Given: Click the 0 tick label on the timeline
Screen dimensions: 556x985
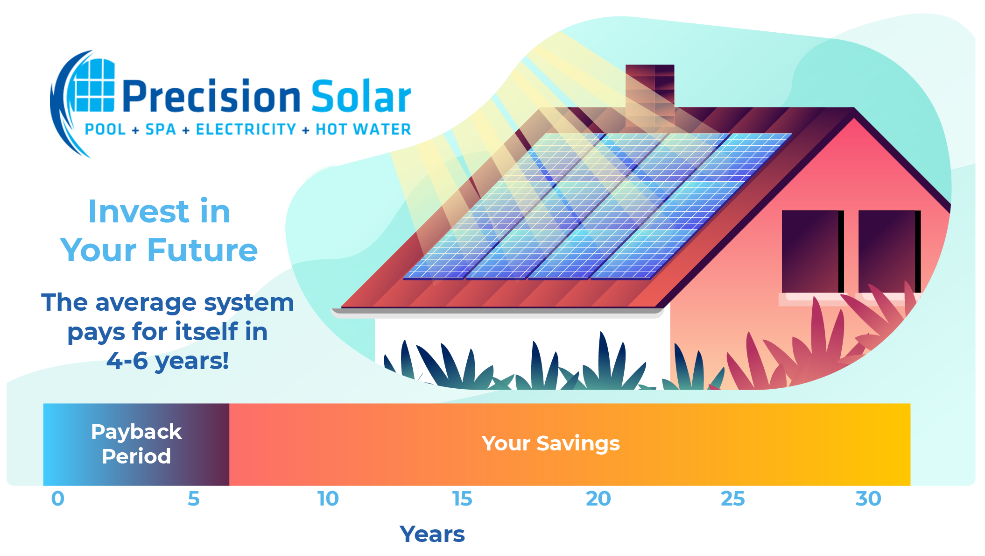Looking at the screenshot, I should coord(58,499).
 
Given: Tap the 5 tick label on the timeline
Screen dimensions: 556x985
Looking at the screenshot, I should coord(194,499).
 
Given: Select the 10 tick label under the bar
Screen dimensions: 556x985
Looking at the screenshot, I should coord(328,499).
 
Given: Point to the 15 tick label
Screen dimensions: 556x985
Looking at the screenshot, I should coord(463,499).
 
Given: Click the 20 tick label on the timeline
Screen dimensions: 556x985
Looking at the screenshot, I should coord(598,499).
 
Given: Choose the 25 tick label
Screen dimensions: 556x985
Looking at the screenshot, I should coord(732,499).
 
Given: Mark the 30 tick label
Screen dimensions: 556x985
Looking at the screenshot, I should coord(868,499).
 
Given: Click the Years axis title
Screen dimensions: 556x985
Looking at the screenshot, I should coord(432,534).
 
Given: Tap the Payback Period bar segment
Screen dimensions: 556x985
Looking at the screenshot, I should coord(136,444).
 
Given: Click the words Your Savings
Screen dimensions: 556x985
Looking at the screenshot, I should coord(551,443).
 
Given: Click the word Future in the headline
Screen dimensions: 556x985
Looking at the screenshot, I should coord(203,250).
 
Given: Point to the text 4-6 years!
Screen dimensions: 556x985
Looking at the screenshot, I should coord(168,361).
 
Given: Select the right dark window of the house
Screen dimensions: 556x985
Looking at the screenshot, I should coord(889,251).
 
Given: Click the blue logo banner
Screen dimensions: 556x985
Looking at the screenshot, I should coord(230,104).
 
